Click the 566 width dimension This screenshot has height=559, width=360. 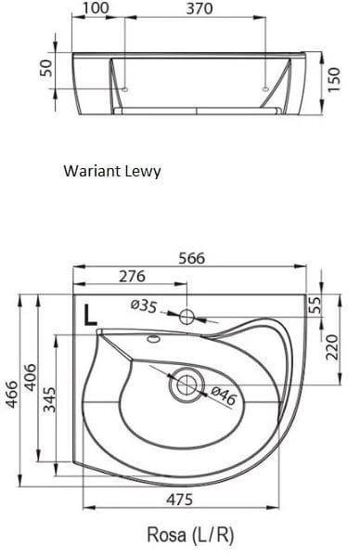pos(191,258)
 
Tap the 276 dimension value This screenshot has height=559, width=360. pos(132,277)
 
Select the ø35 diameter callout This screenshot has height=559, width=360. pos(143,305)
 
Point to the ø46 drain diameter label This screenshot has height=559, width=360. pos(224,396)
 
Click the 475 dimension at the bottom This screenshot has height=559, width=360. pos(180,500)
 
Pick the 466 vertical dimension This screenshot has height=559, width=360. pos(12,395)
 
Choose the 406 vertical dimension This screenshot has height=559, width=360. pos(30,378)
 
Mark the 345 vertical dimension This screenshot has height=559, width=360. pos(49,399)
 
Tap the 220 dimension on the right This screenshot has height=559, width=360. pos(331,347)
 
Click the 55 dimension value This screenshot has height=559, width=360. pos(315,305)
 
